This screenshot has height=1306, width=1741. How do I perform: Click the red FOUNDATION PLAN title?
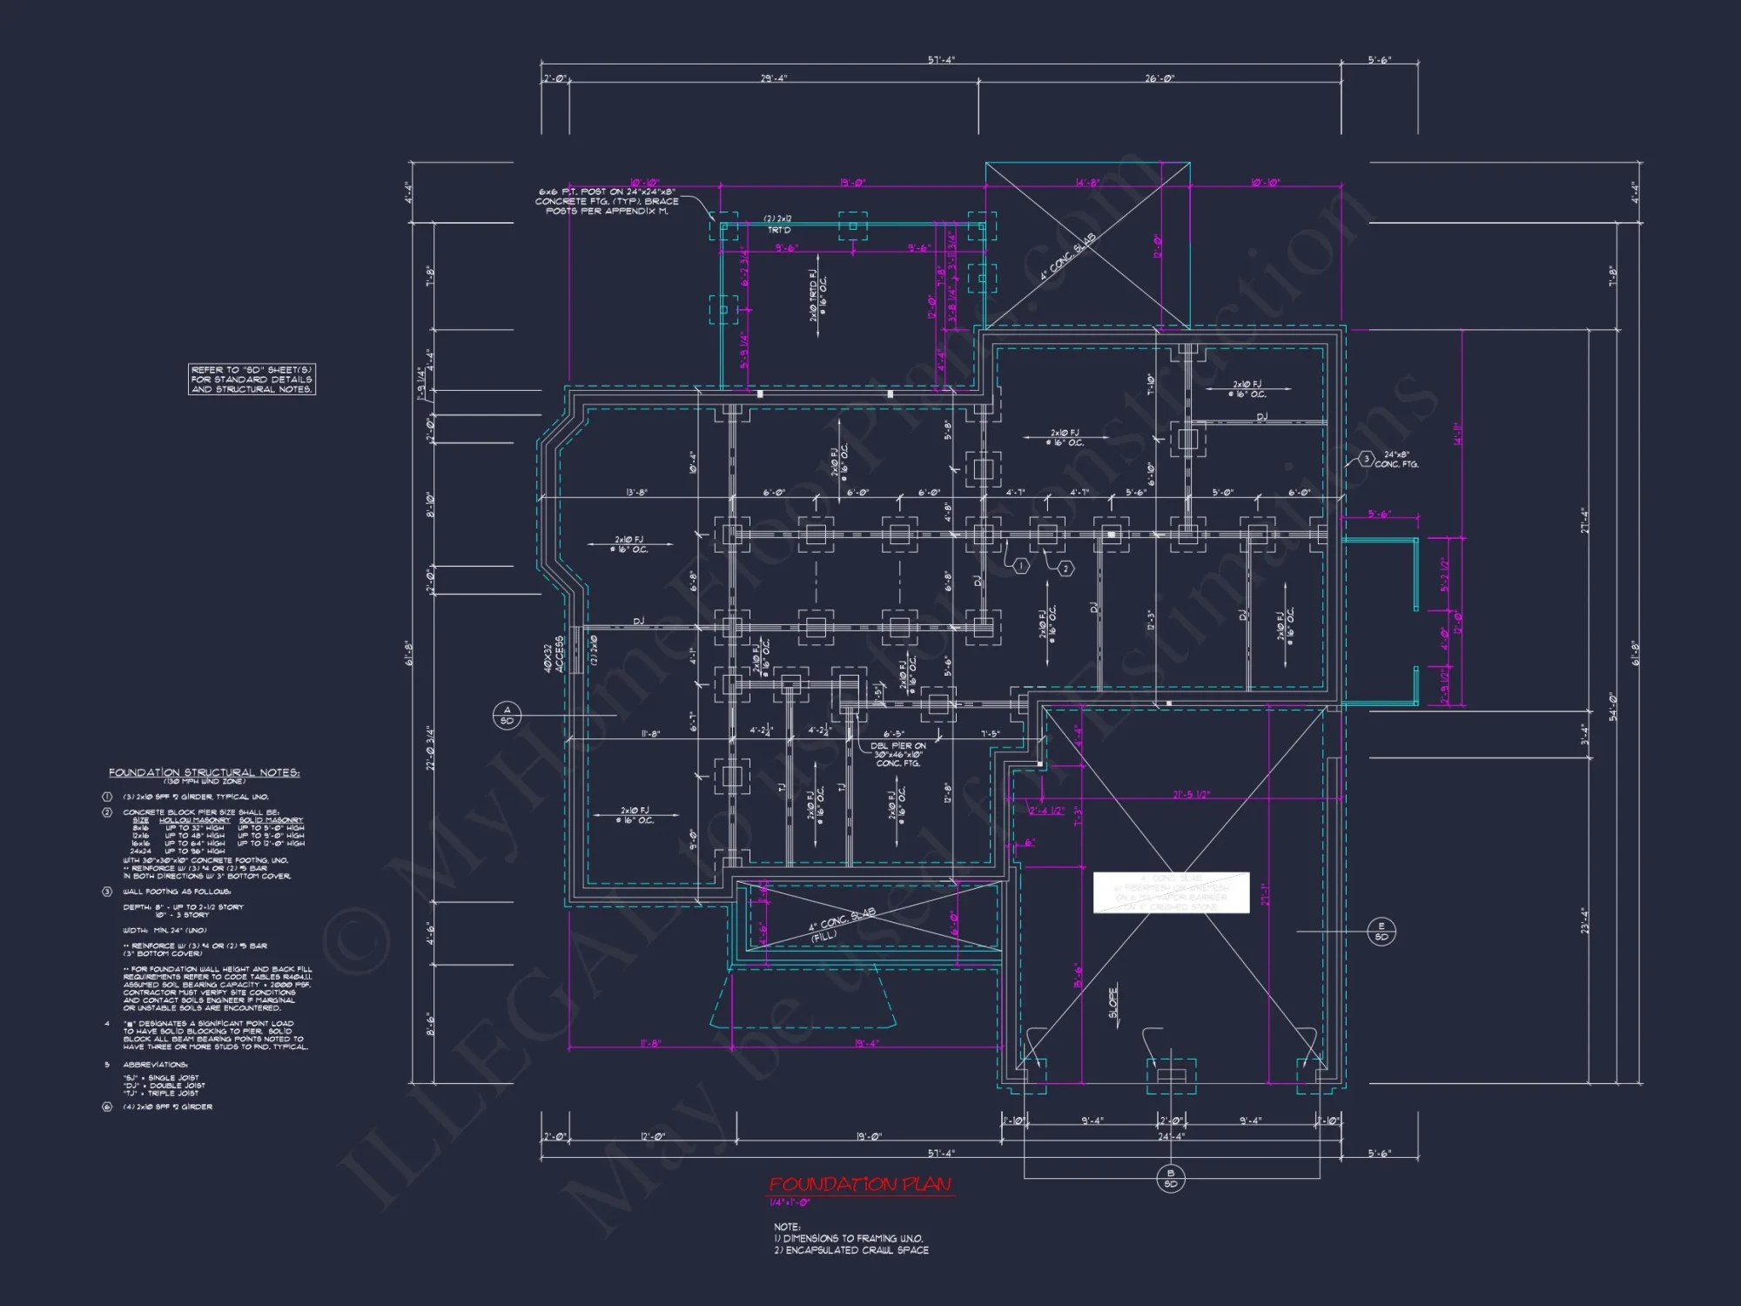(x=860, y=1184)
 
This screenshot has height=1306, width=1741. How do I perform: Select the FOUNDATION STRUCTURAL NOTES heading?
(x=204, y=772)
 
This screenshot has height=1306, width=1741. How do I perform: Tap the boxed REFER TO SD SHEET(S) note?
(x=252, y=380)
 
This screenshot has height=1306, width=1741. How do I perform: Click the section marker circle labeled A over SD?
(x=507, y=715)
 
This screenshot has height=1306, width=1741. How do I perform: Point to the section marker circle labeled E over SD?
(x=1381, y=931)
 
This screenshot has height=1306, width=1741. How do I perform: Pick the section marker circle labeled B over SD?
(x=1170, y=1178)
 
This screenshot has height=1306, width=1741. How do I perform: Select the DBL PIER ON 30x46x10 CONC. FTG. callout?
(x=897, y=754)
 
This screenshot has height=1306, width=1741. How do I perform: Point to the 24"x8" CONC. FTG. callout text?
(x=1396, y=459)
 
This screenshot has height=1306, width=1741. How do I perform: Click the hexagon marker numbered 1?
(x=1020, y=566)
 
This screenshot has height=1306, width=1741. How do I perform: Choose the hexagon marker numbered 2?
(x=1065, y=569)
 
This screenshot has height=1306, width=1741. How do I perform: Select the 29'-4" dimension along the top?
(x=773, y=78)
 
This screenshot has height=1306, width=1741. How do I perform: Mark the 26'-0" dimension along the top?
(x=1160, y=78)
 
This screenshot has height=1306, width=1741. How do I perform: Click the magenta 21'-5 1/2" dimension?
(x=1191, y=794)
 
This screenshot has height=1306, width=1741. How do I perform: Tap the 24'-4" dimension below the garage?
(x=1171, y=1136)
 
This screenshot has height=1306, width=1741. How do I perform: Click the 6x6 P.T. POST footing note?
(x=606, y=201)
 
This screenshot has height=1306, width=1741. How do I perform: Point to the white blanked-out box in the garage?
(x=1171, y=892)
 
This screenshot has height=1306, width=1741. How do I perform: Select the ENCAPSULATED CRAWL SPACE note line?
(x=851, y=1250)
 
